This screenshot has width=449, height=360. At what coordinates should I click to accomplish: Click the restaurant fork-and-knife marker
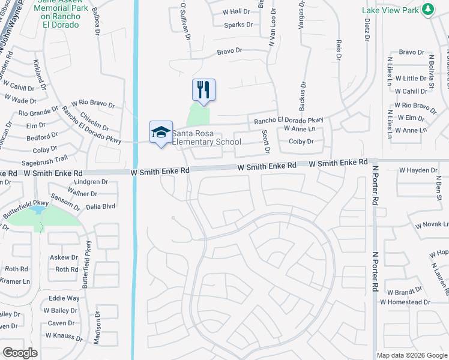tap(203, 90)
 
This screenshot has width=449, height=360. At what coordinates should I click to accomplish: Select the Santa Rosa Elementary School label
tap(206, 137)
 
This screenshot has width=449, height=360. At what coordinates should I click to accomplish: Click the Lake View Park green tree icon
tap(427, 10)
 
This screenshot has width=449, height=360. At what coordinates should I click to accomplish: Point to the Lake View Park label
tap(390, 10)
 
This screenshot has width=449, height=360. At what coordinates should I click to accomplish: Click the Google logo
tap(20, 353)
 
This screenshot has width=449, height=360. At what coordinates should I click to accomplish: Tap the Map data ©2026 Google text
tap(411, 355)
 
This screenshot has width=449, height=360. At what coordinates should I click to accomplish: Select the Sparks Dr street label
tap(238, 25)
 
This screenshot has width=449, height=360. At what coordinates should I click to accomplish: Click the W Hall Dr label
tap(236, 11)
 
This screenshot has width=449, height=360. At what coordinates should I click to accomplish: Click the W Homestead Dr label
tap(405, 302)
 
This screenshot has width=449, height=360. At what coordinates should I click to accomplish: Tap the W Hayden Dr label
tap(418, 170)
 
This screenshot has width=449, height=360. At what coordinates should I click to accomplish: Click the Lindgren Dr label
tap(92, 181)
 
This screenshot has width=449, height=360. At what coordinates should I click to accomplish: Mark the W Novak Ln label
tap(431, 226)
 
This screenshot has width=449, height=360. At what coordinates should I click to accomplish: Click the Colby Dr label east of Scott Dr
tap(301, 142)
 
